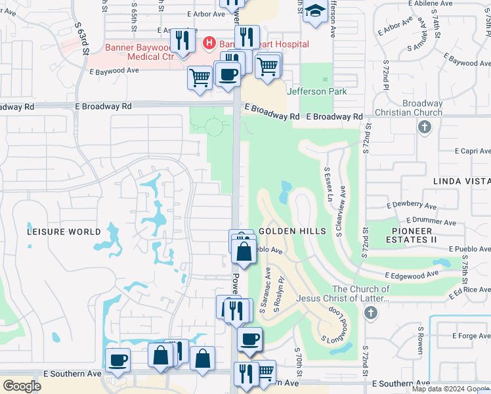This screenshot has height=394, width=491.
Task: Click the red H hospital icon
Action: [209, 44]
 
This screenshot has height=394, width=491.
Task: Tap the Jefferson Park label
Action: [316, 91]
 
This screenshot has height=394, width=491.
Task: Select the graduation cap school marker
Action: [316, 11]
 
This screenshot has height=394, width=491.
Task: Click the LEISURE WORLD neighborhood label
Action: [64, 232]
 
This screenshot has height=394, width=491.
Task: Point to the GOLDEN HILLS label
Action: [292, 232]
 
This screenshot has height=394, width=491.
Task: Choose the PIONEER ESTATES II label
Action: [414, 236]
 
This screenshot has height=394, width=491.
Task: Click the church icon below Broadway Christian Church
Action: [424, 127]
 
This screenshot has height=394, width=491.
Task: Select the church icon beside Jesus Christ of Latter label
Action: [371, 313]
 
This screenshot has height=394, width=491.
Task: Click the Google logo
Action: [22, 385]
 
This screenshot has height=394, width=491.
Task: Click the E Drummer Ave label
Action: [431, 222]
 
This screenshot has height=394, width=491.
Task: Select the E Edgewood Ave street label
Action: [411, 274]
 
